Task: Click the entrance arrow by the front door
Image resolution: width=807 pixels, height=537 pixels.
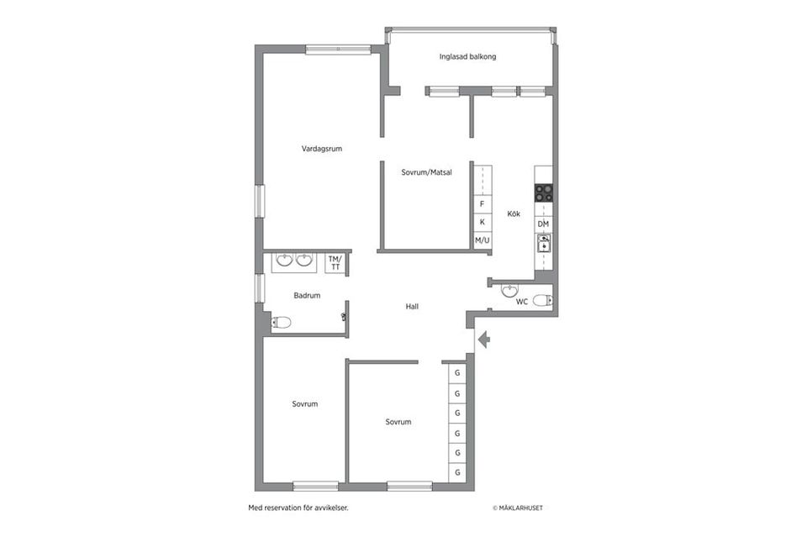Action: point(484,340)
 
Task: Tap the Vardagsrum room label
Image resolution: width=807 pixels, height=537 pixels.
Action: point(322,149)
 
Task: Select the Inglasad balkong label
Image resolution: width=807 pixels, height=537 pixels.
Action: point(468,56)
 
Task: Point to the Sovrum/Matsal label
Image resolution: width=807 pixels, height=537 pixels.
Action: point(427,172)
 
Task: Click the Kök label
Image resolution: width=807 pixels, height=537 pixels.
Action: point(514,213)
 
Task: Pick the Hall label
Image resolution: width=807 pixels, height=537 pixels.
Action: point(412,307)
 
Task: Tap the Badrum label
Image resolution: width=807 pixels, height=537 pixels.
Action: point(308,295)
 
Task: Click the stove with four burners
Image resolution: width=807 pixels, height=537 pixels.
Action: point(544,193)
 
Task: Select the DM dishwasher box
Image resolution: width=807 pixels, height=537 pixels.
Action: point(544,224)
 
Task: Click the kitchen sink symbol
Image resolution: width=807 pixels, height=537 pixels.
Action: point(544,244)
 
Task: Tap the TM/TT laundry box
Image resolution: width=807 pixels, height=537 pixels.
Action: point(335,263)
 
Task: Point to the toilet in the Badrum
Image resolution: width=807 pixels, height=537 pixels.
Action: point(281,323)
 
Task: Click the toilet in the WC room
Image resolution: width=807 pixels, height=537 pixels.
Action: point(543,300)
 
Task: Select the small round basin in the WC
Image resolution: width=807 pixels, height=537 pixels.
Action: point(509,291)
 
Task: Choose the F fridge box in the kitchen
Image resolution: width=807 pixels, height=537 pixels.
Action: point(483,203)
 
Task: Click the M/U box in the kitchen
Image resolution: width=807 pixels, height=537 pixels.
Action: point(483,240)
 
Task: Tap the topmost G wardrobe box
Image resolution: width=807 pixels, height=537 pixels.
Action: point(457,373)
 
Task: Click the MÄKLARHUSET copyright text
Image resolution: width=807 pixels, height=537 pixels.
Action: point(518,508)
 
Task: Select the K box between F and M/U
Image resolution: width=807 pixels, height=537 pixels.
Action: point(483,222)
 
